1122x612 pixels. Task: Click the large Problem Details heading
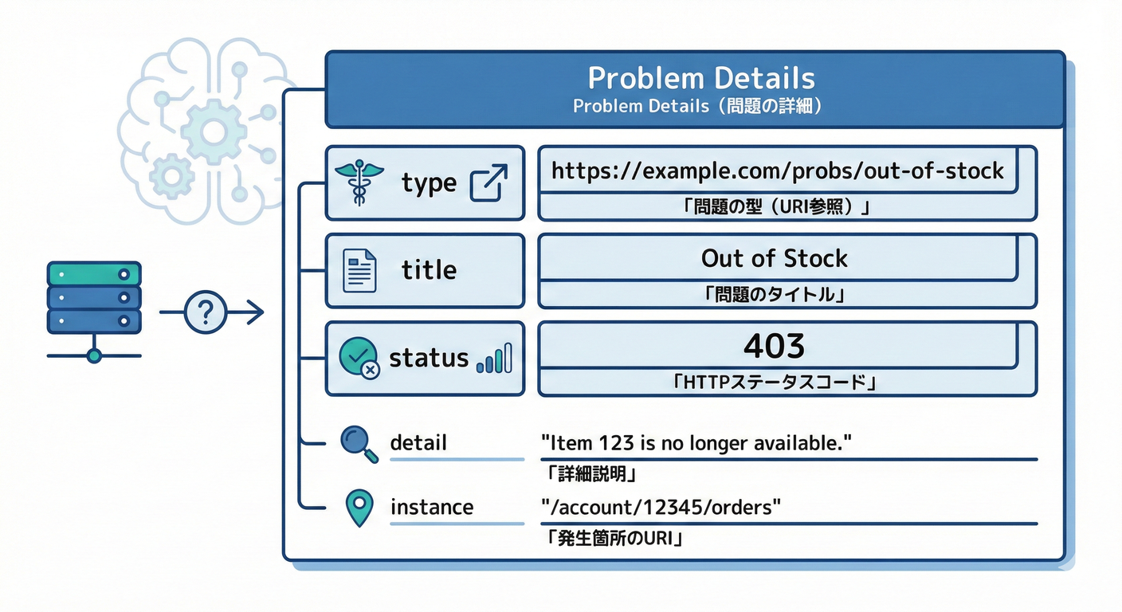(x=701, y=78)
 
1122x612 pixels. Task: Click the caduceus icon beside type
(x=358, y=182)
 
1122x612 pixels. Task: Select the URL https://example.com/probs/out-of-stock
(x=777, y=170)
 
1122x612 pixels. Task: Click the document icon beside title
(x=359, y=270)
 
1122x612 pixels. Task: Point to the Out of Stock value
(x=774, y=258)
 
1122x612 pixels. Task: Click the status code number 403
(x=774, y=346)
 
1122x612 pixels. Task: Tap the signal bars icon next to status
(x=495, y=360)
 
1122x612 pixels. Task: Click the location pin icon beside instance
(x=359, y=508)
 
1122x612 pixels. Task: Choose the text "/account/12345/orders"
(x=660, y=507)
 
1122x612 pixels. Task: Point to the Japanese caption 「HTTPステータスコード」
(x=774, y=383)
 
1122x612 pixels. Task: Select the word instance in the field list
(x=431, y=507)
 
